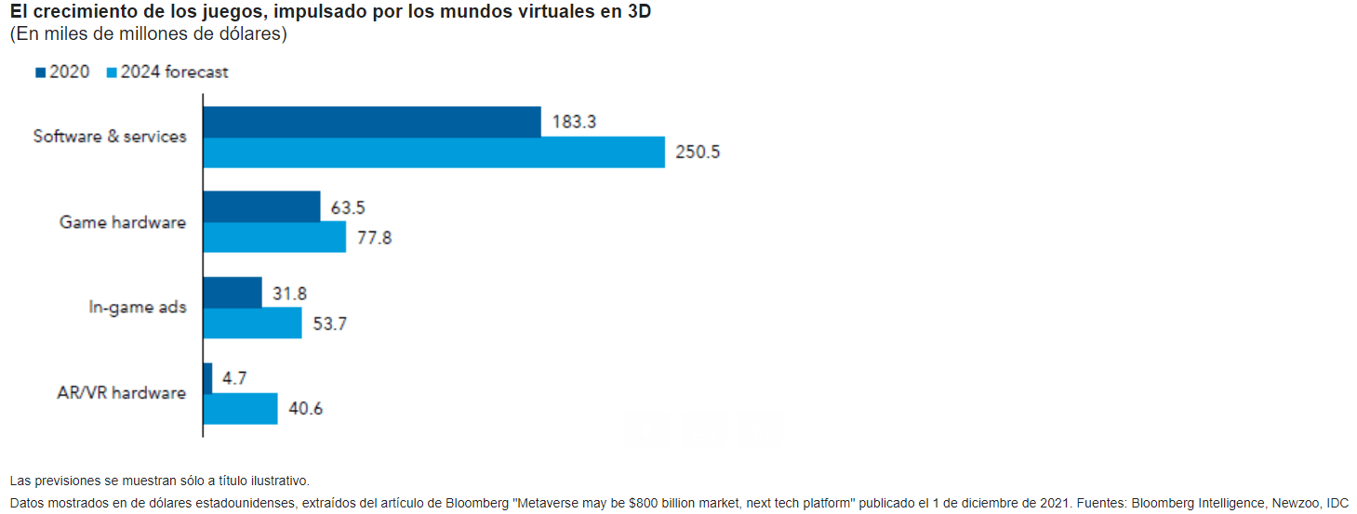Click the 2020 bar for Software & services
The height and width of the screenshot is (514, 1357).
tap(372, 123)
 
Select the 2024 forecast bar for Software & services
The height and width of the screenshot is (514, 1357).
tap(433, 152)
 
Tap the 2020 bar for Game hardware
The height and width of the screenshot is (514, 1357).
tap(261, 207)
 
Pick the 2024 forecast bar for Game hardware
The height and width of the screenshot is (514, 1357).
tap(274, 237)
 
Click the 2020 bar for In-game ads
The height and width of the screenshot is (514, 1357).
tap(233, 293)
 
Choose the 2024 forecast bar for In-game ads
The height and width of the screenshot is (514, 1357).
tap(253, 323)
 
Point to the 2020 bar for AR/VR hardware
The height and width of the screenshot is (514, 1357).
tap(207, 379)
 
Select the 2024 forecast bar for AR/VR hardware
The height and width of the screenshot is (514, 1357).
tap(241, 409)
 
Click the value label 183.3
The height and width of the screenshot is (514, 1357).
tap(574, 122)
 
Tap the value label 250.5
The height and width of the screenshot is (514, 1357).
tap(698, 152)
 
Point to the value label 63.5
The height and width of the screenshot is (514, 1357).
tap(348, 207)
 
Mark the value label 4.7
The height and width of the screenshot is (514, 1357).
tap(234, 378)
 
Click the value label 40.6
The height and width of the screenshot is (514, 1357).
tap(305, 409)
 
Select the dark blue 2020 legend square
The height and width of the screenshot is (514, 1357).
tap(41, 72)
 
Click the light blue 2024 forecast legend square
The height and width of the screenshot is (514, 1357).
tap(112, 72)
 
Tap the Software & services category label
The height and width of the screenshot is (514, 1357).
tap(110, 137)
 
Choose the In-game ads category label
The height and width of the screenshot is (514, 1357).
tap(138, 308)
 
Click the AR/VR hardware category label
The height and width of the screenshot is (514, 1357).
tap(121, 393)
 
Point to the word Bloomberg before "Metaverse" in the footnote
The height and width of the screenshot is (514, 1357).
tap(477, 503)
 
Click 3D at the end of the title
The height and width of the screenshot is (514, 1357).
tap(639, 11)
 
